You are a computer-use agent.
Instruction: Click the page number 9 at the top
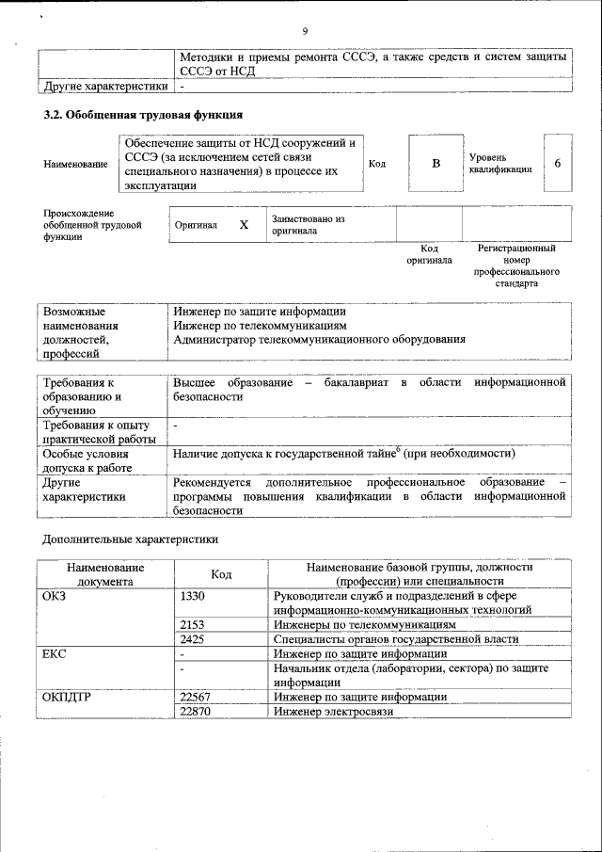point(306,32)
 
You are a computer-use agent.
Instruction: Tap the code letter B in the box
point(436,164)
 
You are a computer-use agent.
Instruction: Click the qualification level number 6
point(557,164)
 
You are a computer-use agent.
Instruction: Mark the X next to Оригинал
point(244,225)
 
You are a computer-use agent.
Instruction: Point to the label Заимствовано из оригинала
point(308,224)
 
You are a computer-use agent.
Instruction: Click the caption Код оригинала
point(429,254)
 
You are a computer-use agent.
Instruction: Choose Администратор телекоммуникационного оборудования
point(319,339)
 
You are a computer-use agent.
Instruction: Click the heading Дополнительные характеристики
point(131,540)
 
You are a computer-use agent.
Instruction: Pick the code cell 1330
point(192,596)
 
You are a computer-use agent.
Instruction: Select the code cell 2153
point(192,624)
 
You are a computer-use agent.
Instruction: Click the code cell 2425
point(192,639)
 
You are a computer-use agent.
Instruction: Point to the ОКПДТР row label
point(65,697)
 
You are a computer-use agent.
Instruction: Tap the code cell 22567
point(195,697)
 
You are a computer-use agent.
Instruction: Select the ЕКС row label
point(55,653)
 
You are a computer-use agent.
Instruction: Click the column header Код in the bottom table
point(222,574)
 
